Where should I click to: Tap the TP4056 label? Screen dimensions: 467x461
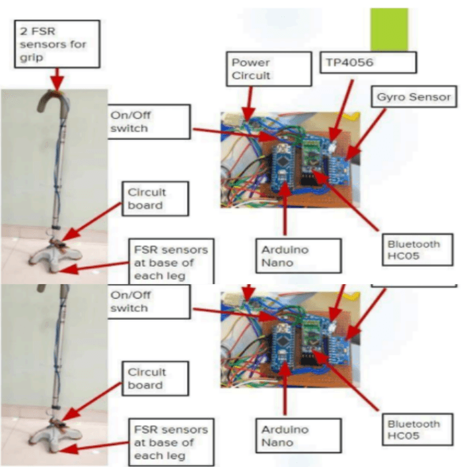(x=368, y=63)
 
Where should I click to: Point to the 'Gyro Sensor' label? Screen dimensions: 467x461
(x=413, y=98)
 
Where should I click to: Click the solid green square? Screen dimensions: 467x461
(x=389, y=29)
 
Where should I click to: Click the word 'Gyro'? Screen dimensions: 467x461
(x=390, y=98)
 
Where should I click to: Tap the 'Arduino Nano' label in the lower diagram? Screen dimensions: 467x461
(x=285, y=435)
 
